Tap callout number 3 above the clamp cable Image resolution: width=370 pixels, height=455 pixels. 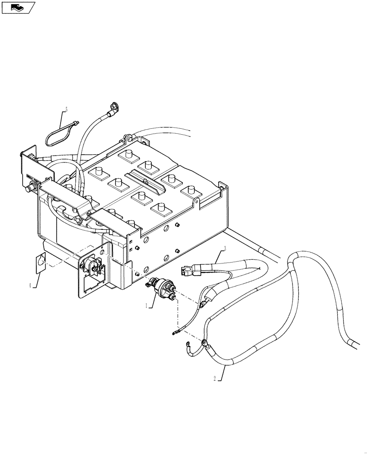coord(225,248)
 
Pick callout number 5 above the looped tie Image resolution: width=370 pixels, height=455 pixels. coord(66,110)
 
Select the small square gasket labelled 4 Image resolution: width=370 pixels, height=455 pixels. coord(41,263)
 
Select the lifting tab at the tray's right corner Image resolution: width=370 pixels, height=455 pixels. coord(197,202)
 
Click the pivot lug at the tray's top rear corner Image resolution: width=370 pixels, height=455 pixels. coord(128,136)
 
